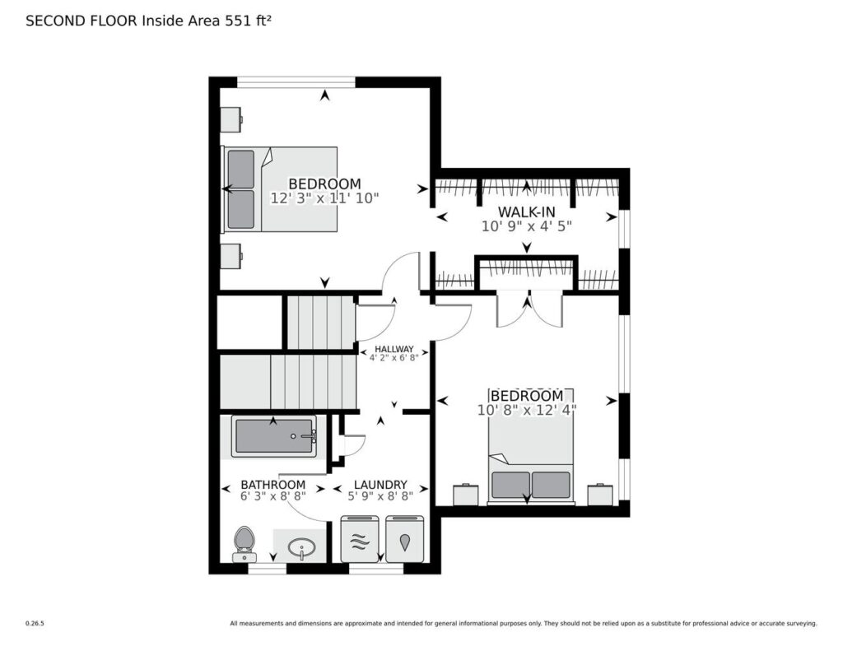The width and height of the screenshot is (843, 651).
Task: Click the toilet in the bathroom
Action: [x=245, y=543]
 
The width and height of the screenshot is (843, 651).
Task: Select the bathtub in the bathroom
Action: [x=274, y=436]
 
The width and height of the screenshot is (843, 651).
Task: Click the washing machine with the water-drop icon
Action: [x=405, y=539]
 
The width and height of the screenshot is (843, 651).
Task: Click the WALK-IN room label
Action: [x=526, y=212]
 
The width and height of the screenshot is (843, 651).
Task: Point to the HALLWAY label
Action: [x=394, y=349]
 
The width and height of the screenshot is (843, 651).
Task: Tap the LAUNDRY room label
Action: [x=380, y=485]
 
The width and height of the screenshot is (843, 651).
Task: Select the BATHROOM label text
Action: [x=272, y=485]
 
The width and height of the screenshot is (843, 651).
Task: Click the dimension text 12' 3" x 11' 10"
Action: [x=324, y=198]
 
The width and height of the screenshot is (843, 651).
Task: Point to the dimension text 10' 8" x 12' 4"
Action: [x=527, y=410]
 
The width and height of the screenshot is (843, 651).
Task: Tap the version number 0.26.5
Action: [x=35, y=624]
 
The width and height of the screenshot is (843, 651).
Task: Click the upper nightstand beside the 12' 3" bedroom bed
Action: [x=231, y=119]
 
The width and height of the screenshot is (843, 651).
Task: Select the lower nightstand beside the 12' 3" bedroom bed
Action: [x=231, y=255]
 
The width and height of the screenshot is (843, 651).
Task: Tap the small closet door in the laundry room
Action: [x=352, y=444]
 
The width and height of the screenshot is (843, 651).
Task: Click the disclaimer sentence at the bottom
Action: [x=523, y=624]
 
